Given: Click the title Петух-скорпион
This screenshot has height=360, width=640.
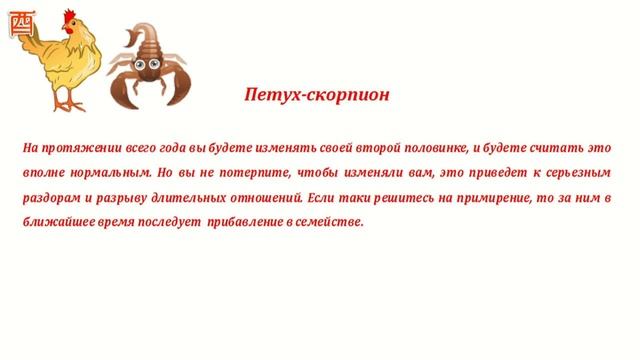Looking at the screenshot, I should (x=316, y=96).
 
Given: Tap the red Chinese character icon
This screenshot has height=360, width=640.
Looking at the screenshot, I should (x=12, y=23).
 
